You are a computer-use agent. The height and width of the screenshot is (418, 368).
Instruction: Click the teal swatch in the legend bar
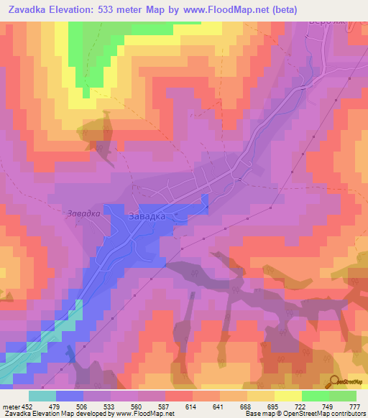(x=42, y=396)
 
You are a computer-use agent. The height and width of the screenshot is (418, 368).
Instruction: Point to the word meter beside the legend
(x=10, y=407)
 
